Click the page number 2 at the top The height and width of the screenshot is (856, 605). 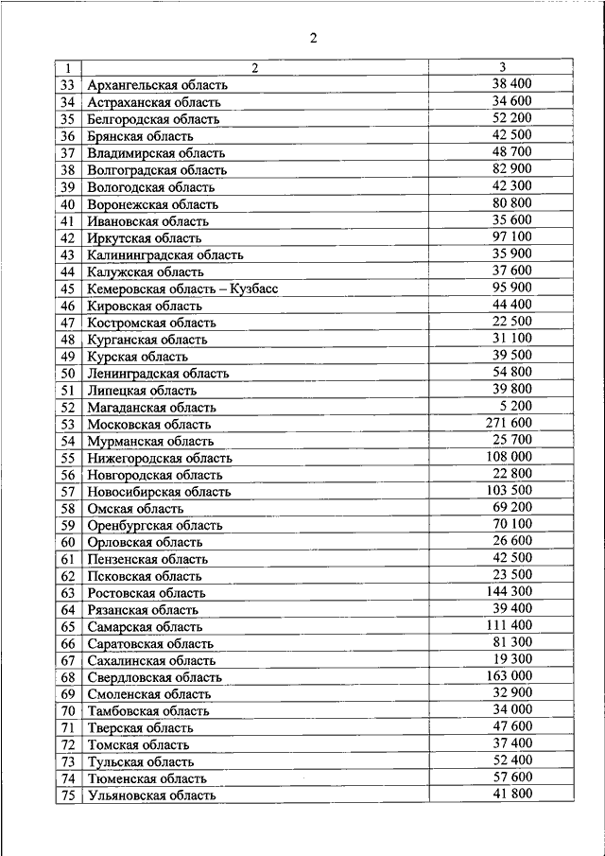pyautogui.click(x=312, y=38)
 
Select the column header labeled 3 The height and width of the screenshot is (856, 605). pyautogui.click(x=503, y=67)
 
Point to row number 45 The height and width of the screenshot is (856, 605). pyautogui.click(x=67, y=288)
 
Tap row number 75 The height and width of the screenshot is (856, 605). pyautogui.click(x=67, y=795)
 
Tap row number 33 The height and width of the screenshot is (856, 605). pyautogui.click(x=67, y=85)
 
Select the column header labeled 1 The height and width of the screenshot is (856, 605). pyautogui.click(x=67, y=68)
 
